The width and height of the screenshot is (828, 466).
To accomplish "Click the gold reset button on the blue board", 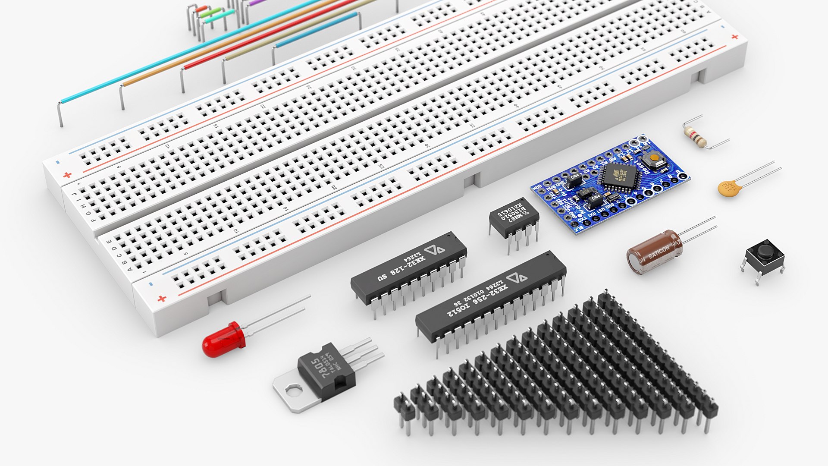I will tap(655, 158).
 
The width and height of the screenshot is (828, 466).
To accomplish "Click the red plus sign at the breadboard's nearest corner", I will tap(162, 299).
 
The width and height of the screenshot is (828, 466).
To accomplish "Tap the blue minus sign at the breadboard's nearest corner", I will tap(151, 284).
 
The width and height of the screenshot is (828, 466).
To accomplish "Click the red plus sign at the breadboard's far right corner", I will tap(734, 37).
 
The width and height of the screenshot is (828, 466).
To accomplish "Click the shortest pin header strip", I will tap(403, 408).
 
